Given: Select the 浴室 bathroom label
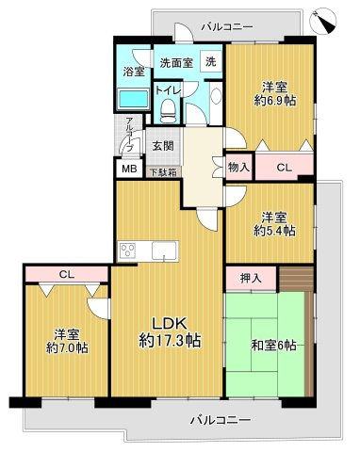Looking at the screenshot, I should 133,72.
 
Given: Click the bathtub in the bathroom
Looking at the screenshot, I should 133,100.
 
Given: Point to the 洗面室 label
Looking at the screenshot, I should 174,63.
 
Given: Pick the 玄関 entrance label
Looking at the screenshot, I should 162,146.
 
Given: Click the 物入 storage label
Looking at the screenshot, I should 239,167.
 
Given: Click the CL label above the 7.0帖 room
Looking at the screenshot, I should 65,275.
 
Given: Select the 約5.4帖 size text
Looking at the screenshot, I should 274,229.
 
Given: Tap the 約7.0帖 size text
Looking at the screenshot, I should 68,347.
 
